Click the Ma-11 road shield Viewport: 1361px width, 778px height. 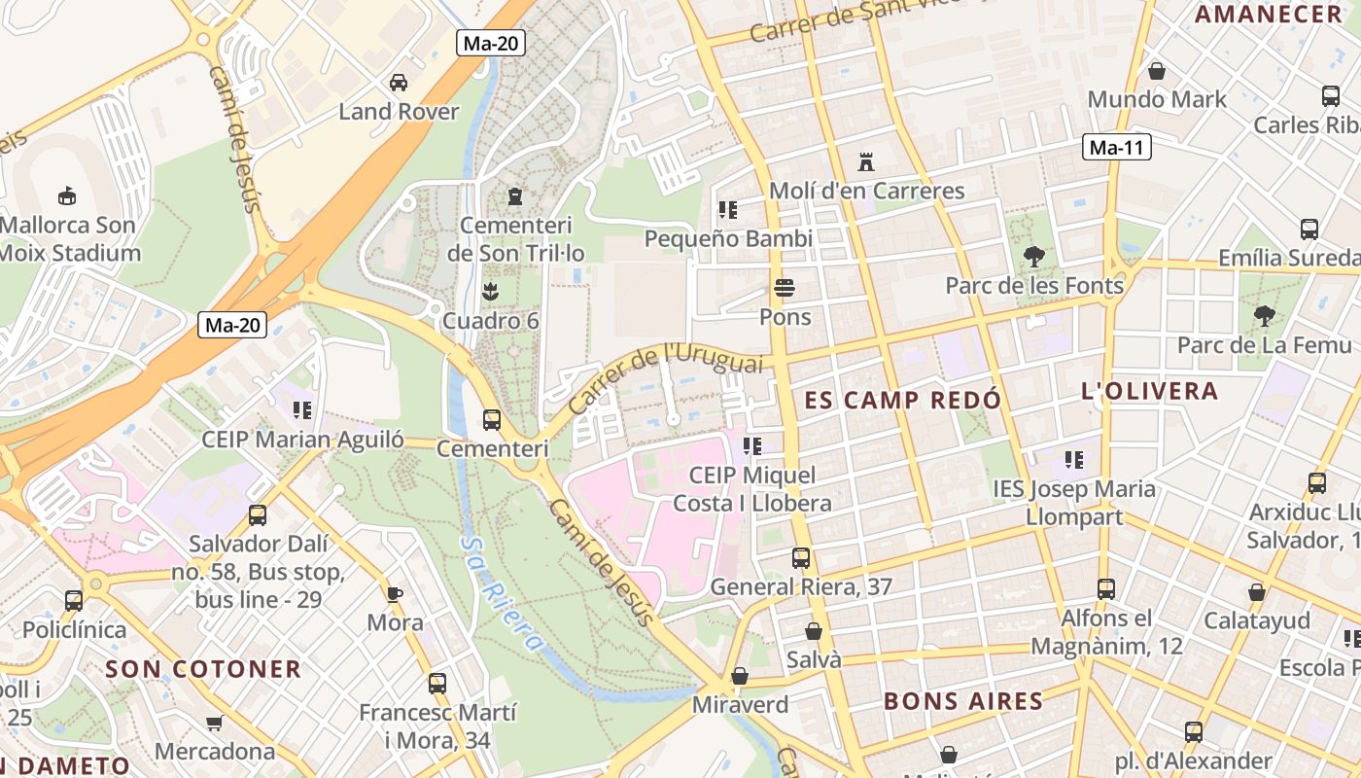(x=1117, y=148)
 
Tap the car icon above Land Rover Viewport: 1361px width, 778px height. (x=399, y=83)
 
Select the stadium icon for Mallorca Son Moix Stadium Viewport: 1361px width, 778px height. (x=66, y=196)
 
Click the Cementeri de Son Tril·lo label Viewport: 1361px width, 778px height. (x=515, y=239)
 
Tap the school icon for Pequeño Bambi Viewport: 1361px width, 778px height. (x=727, y=209)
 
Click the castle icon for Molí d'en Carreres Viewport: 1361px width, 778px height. (x=865, y=161)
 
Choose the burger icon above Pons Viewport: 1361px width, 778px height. (x=785, y=288)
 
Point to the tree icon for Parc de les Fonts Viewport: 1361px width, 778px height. (x=1033, y=257)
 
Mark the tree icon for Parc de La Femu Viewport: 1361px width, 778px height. (x=1264, y=315)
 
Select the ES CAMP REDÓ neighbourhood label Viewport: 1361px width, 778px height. (x=902, y=400)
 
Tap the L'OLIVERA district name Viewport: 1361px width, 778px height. (x=1149, y=391)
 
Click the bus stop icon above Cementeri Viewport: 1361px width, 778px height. (x=492, y=420)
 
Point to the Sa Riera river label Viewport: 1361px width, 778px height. (x=502, y=593)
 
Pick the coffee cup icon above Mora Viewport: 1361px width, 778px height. (x=395, y=593)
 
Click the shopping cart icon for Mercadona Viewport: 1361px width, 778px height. (x=215, y=723)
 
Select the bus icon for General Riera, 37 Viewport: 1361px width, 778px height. (x=800, y=558)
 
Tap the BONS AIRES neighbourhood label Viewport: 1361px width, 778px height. (x=962, y=700)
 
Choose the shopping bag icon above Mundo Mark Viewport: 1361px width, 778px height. (x=1157, y=71)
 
